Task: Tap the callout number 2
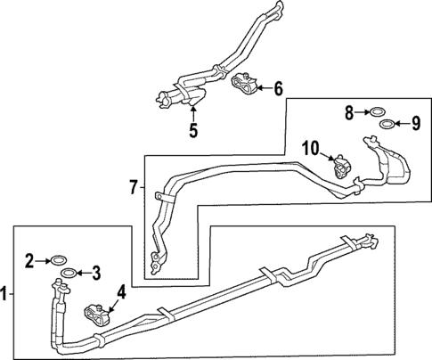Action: click(x=29, y=260)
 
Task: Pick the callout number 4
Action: click(x=121, y=290)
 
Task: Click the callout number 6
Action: click(x=277, y=88)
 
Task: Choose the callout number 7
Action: click(x=134, y=187)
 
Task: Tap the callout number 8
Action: click(x=350, y=112)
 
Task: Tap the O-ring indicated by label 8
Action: click(x=378, y=112)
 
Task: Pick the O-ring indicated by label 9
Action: click(x=387, y=124)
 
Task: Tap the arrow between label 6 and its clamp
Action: click(x=262, y=88)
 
